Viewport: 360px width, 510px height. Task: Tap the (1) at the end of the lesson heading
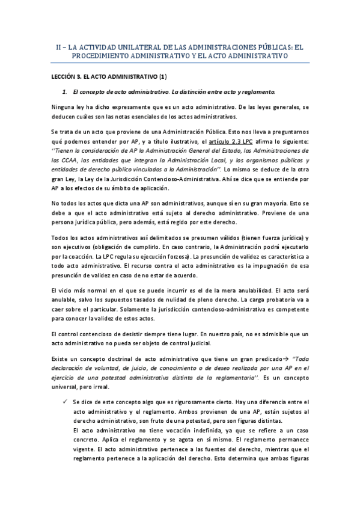(x=162, y=77)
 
